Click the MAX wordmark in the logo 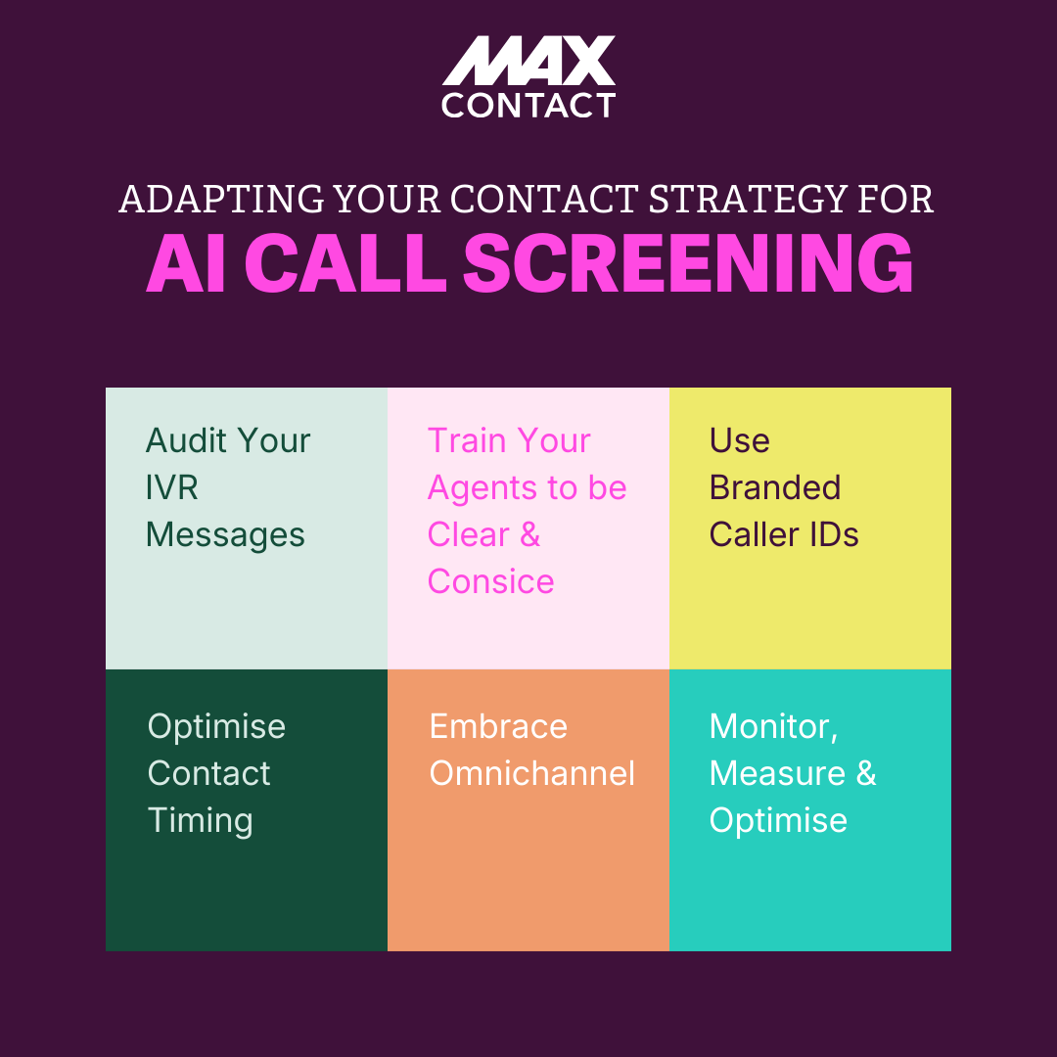pyautogui.click(x=528, y=61)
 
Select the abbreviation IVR pyautogui.click(x=171, y=487)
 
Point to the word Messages pyautogui.click(x=225, y=534)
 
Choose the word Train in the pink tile pyautogui.click(x=466, y=440)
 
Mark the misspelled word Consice pyautogui.click(x=490, y=581)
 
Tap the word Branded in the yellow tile pyautogui.click(x=774, y=487)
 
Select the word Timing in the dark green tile pyautogui.click(x=200, y=820)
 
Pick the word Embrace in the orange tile pyautogui.click(x=498, y=726)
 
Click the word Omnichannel pyautogui.click(x=531, y=773)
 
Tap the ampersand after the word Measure pyautogui.click(x=865, y=773)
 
